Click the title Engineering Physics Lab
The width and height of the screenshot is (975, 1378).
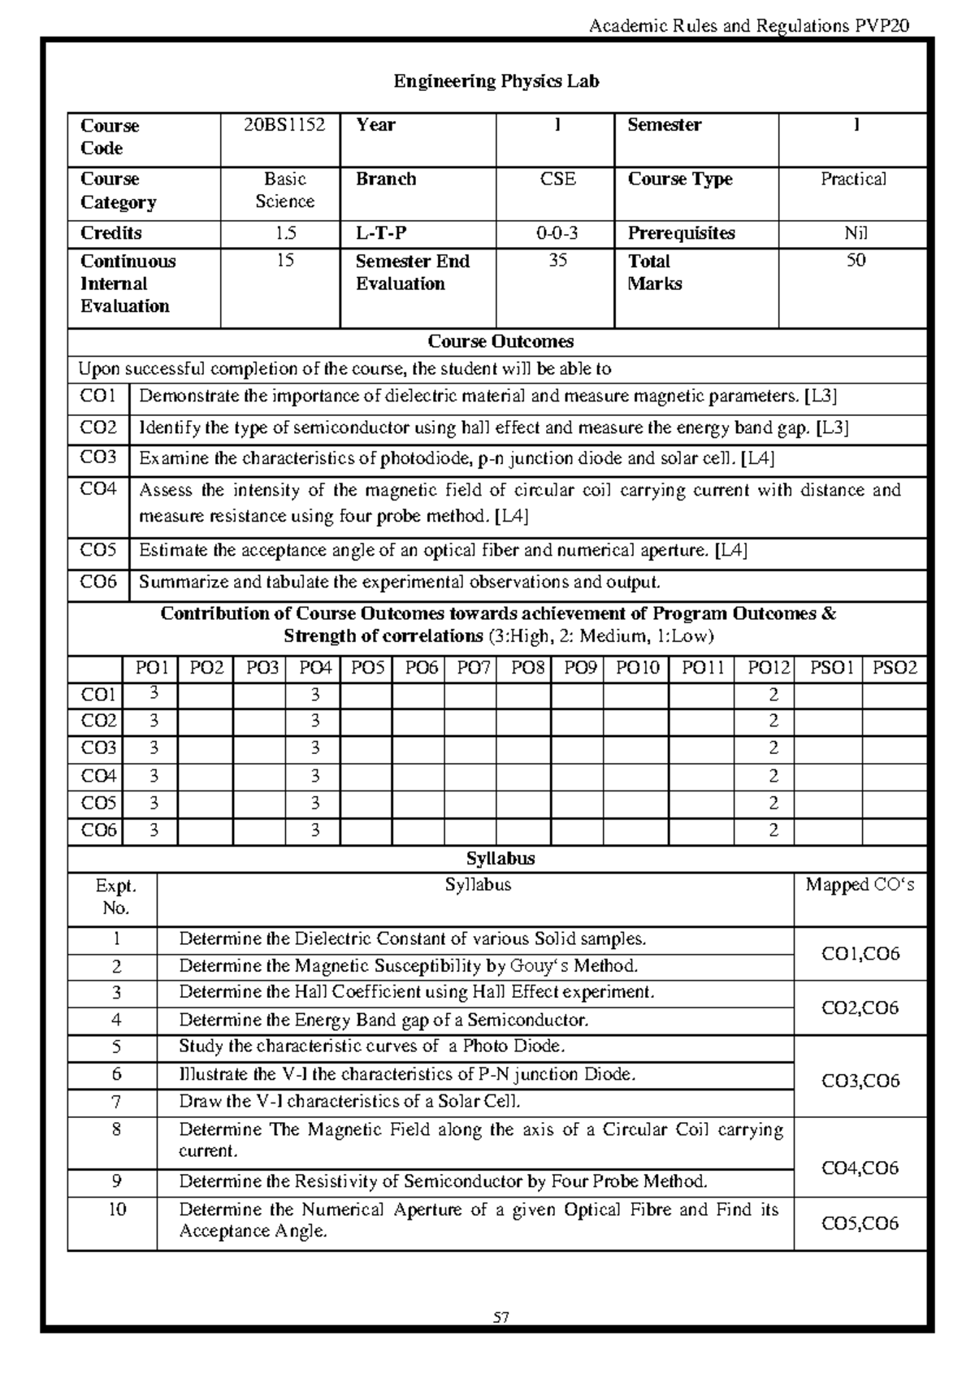click(x=496, y=81)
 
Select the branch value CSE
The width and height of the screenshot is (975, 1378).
click(x=557, y=180)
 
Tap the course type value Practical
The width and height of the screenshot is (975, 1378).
click(x=853, y=180)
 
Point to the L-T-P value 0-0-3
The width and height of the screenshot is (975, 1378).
click(x=557, y=234)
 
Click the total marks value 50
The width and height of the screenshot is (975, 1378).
click(x=856, y=261)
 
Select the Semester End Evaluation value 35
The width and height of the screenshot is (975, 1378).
click(x=557, y=261)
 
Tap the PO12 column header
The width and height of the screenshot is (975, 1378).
click(x=769, y=669)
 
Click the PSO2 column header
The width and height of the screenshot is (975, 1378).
click(x=895, y=669)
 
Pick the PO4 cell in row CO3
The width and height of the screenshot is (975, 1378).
click(x=316, y=748)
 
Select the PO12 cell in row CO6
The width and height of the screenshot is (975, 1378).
click(x=773, y=830)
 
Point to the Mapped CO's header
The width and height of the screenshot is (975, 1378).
click(x=860, y=886)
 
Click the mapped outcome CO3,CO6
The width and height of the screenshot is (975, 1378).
click(x=860, y=1081)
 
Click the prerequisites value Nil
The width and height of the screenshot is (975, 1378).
click(x=856, y=234)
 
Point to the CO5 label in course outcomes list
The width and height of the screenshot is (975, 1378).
click(x=98, y=551)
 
